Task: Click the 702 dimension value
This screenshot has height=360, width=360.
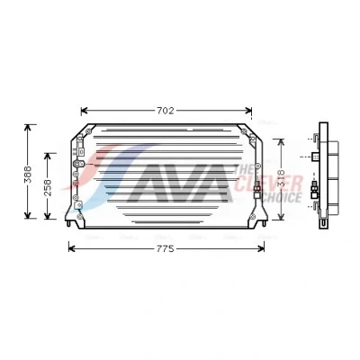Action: pos(166,111)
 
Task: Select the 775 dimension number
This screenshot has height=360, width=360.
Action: pos(166,248)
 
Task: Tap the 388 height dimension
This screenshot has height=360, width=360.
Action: pos(28,174)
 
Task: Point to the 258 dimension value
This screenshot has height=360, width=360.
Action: pos(48,187)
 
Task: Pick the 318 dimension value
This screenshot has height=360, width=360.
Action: pos(281,178)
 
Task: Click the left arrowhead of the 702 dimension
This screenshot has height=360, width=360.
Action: pos(84,111)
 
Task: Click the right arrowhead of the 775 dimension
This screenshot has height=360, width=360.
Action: pos(261,248)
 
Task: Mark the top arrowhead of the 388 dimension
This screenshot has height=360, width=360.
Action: pos(28,128)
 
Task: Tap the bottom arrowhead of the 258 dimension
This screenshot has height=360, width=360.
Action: pos(48,216)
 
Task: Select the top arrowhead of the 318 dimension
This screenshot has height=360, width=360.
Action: pos(281,142)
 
